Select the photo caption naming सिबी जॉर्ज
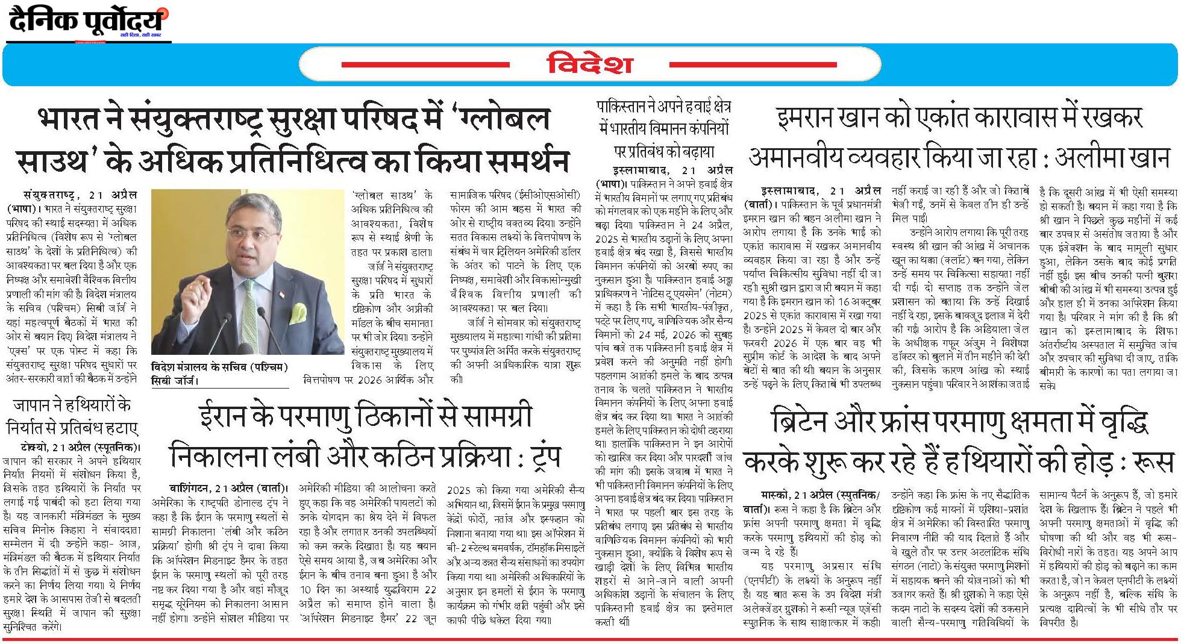[x=220, y=373]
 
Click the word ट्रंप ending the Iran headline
[x=536, y=457]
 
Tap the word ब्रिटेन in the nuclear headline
[x=807, y=424]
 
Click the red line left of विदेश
[x=425, y=64]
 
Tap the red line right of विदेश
[x=753, y=64]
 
